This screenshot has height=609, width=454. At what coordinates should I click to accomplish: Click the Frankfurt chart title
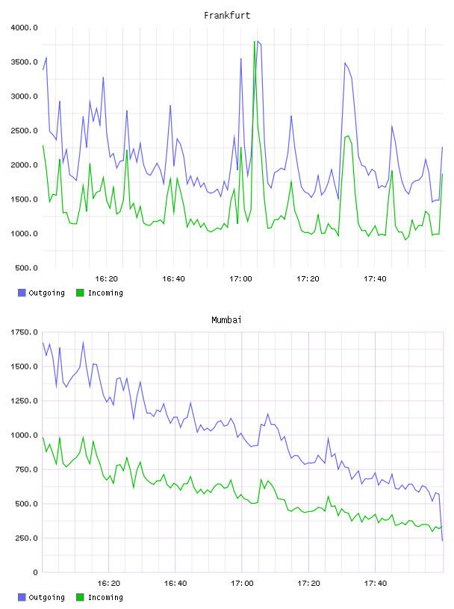227,16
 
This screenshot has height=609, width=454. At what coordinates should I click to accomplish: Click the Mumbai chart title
226,320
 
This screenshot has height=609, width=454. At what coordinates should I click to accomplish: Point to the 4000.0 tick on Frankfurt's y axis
24,28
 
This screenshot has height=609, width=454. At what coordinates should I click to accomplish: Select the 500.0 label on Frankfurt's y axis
26,268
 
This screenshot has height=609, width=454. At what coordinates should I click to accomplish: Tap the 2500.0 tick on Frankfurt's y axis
24,131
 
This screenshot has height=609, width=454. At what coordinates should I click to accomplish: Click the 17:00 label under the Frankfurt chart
240,279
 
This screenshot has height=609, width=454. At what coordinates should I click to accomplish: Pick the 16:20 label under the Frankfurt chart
106,279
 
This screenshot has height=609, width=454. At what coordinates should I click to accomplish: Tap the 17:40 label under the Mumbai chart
376,584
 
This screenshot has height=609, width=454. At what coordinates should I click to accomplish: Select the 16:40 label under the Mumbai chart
175,584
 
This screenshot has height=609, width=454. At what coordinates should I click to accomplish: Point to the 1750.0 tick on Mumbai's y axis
24,332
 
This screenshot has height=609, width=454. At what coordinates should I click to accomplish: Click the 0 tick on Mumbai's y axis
35,572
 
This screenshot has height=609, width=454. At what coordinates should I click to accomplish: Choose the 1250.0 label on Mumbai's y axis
24,401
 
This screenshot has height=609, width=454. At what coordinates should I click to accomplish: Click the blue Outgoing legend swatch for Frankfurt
22,293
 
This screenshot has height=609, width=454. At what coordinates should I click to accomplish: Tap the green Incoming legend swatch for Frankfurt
80,293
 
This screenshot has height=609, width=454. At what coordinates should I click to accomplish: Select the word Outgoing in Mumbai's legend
46,597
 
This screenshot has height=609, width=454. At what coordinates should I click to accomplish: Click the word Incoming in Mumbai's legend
105,597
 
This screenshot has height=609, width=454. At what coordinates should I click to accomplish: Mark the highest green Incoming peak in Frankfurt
254,41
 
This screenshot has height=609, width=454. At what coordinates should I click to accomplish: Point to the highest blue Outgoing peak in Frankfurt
258,41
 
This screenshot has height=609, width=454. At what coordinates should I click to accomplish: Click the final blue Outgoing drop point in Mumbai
442,540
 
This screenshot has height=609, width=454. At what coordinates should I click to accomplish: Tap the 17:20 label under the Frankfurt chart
308,279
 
